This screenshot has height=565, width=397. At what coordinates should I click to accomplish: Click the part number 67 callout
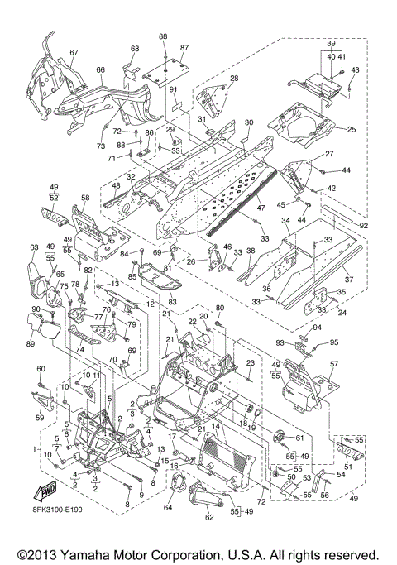tap(74, 53)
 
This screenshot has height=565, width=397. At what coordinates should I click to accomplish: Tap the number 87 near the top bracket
tap(184, 49)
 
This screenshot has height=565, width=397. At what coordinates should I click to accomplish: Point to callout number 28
tap(234, 79)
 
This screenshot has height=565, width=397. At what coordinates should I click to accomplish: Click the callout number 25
tap(351, 129)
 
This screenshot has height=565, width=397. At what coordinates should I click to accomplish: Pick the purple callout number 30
tap(247, 122)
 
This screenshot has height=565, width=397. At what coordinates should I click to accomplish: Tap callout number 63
tap(34, 247)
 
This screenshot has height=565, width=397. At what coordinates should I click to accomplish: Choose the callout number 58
tap(85, 199)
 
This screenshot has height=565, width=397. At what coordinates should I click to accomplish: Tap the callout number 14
tap(217, 426)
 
